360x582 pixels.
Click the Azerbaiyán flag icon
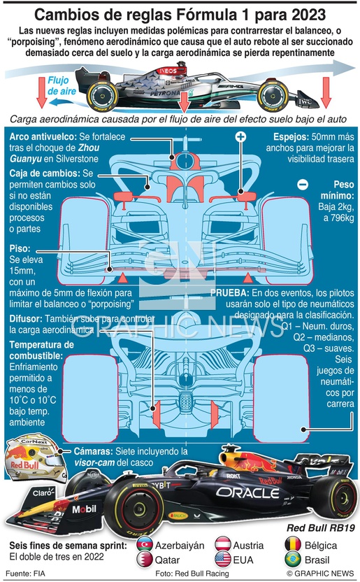[145, 544]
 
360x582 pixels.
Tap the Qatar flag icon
[145, 560]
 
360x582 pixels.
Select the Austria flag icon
[223, 544]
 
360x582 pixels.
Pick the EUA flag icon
[223, 560]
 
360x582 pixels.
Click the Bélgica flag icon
[293, 544]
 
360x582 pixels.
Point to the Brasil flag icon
[293, 560]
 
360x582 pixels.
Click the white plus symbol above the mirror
[240, 136]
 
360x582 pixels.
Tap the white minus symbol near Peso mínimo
[303, 185]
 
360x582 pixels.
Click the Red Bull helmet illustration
[36, 457]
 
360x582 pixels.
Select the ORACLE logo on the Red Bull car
[247, 492]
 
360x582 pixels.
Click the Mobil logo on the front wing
[84, 509]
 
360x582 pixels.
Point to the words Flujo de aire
[62, 86]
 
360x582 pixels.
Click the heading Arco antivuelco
[43, 136]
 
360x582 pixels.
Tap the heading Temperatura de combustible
[41, 350]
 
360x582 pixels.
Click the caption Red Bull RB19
[321, 528]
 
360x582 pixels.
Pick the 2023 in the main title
[308, 15]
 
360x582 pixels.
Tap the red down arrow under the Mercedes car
[184, 102]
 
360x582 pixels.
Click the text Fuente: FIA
[25, 573]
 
